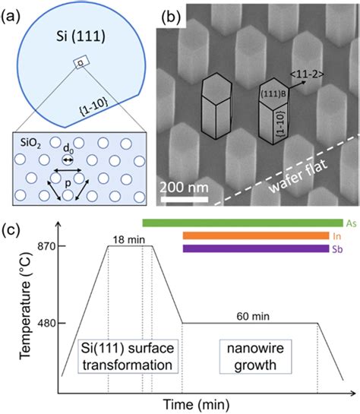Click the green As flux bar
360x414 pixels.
click(x=242, y=223)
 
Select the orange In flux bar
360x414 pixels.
click(x=256, y=235)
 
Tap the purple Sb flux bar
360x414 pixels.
click(x=256, y=248)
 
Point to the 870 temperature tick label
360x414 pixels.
click(x=48, y=246)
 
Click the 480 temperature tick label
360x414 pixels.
click(x=48, y=323)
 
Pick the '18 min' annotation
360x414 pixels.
click(x=129, y=240)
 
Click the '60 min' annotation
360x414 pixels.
click(x=253, y=316)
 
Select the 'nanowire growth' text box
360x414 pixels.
click(x=255, y=356)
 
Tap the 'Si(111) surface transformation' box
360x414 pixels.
click(x=128, y=356)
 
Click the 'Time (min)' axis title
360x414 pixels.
click(x=196, y=404)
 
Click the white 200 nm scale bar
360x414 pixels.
click(x=185, y=199)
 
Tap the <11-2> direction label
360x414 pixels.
click(x=307, y=74)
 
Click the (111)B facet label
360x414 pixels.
click(x=273, y=93)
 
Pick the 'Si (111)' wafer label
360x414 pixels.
click(x=81, y=36)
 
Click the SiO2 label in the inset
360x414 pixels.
click(x=31, y=144)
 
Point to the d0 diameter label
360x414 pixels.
click(x=68, y=149)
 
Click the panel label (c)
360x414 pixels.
click(x=11, y=229)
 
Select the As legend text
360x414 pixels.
click(x=352, y=223)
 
